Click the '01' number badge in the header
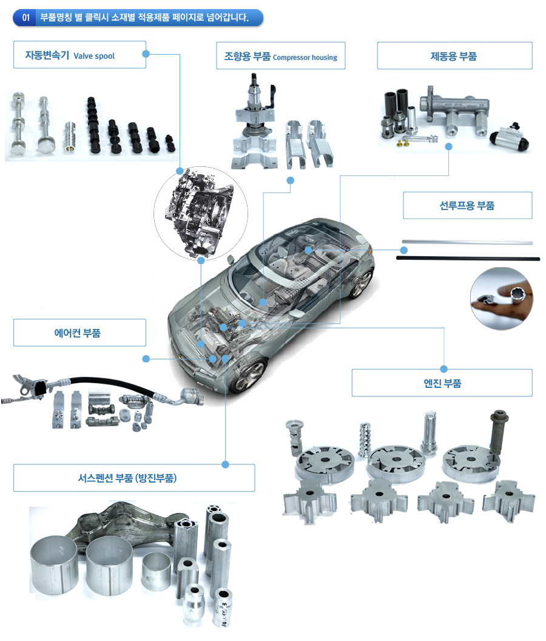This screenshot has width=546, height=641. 25,18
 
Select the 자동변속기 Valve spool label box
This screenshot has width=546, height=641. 79,55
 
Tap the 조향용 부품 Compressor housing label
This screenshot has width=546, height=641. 281,56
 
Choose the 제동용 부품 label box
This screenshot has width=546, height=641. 454,56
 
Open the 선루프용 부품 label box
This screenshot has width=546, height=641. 468,205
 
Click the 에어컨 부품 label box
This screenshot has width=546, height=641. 79,333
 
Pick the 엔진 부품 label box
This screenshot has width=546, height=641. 442,383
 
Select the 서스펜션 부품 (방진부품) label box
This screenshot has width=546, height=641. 134,478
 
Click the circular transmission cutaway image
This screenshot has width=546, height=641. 201,212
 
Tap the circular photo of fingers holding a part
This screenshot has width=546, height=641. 502,299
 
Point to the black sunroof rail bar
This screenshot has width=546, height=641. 468,259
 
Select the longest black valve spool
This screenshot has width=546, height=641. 93,126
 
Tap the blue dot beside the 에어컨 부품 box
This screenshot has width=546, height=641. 146,359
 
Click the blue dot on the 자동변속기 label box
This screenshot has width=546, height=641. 146,54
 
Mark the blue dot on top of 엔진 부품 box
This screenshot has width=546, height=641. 444,368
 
